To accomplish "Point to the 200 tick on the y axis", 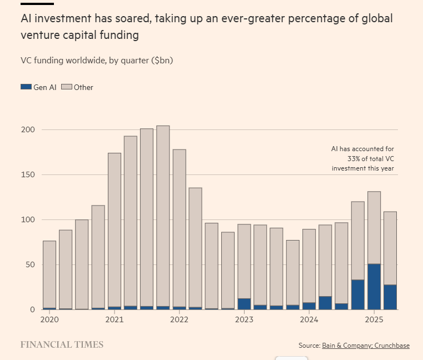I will [27, 129].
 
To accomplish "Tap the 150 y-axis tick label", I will [27, 174].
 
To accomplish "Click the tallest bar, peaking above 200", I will [163, 217].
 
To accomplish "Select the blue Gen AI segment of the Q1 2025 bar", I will [374, 287].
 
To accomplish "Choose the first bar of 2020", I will [49, 274].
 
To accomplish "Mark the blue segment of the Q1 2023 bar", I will [244, 304].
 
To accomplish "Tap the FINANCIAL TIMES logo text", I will [62, 344].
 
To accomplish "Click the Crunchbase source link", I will [392, 346].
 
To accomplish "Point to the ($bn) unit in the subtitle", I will [162, 60].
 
